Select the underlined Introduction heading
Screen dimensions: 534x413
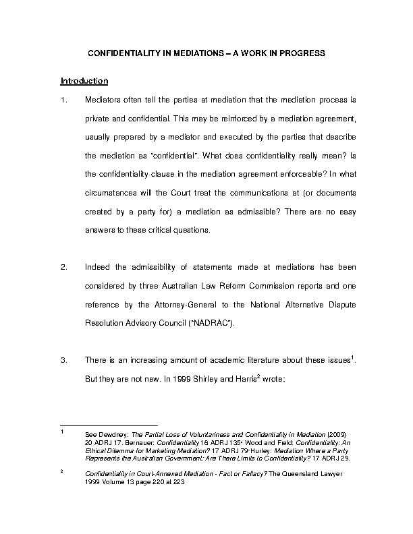point(84,82)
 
